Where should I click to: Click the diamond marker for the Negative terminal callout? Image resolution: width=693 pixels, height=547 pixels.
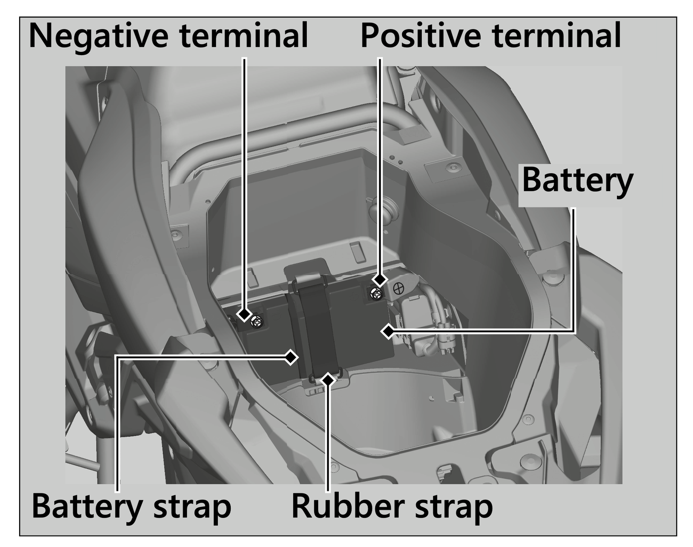point(244,314)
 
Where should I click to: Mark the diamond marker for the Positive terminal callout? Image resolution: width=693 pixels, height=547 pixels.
point(380,279)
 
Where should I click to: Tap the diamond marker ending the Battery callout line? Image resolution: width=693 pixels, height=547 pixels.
point(388,331)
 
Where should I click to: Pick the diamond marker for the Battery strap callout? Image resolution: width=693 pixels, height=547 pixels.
point(290,357)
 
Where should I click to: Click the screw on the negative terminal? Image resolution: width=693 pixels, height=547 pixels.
point(258,322)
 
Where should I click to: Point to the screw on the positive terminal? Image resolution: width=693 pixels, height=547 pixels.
point(376,294)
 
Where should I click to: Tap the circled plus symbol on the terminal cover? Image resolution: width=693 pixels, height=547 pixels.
point(398,289)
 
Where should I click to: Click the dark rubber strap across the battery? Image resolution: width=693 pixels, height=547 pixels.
point(319,328)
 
